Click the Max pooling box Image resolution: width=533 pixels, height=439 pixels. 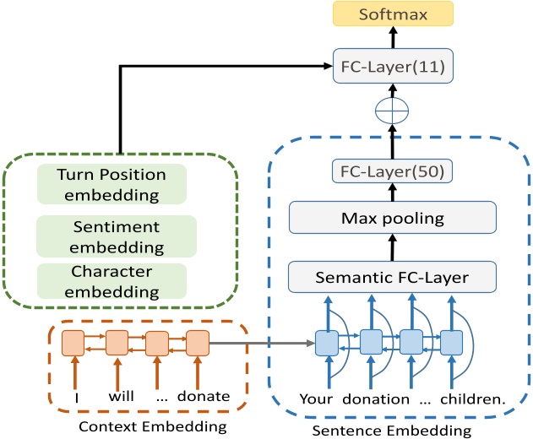[x=393, y=219]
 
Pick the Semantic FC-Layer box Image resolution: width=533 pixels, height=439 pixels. [x=393, y=275]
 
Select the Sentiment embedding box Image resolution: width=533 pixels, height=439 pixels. [x=117, y=236]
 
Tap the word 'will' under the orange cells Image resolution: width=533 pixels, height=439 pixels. [x=122, y=396]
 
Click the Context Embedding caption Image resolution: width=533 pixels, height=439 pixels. [x=153, y=426]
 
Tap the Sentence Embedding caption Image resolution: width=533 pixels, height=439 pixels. [x=394, y=430]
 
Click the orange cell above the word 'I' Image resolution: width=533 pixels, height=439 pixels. [x=73, y=343]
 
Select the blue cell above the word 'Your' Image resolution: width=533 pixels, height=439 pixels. [x=326, y=343]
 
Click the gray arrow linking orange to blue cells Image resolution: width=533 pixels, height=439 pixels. [x=262, y=343]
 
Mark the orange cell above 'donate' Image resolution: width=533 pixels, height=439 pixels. [x=197, y=343]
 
